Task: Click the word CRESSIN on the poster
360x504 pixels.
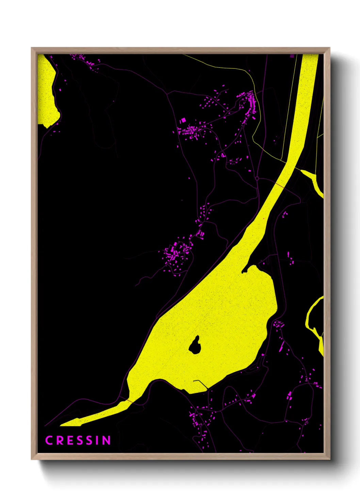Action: click(78, 440)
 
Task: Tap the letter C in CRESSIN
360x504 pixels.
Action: click(49, 440)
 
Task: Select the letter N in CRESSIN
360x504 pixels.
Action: click(107, 440)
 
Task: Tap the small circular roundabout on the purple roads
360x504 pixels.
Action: click(257, 178)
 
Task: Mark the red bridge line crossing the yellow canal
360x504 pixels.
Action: click(280, 185)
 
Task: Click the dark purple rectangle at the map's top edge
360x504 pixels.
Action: click(292, 56)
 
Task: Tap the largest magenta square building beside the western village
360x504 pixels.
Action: click(183, 120)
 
